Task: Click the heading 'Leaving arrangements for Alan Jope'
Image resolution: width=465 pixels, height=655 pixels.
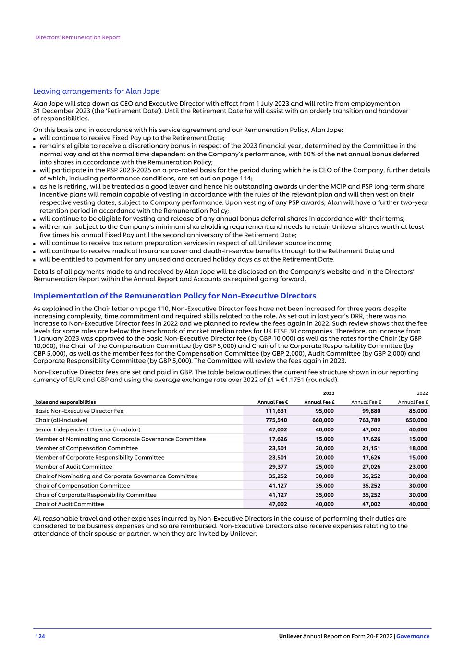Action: point(96,91)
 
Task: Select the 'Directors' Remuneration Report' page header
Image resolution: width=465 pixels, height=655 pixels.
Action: point(77,37)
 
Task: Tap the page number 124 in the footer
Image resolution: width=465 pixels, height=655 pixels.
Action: point(40,636)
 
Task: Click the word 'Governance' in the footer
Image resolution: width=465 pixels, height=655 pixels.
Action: point(413,636)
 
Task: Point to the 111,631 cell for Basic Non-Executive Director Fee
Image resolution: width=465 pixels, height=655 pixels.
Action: point(276,411)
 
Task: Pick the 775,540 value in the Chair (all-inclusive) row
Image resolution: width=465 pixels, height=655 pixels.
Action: point(276,420)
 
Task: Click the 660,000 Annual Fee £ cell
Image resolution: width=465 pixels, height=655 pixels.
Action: point(323,420)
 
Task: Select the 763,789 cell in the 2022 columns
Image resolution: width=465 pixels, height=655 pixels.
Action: point(369,420)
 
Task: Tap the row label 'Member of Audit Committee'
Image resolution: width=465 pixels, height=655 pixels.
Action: point(73,467)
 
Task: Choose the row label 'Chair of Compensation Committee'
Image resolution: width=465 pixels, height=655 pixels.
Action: point(82,486)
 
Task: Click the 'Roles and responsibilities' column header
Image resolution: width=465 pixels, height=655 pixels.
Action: point(65,402)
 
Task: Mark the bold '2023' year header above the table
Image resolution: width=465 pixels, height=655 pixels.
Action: point(329,393)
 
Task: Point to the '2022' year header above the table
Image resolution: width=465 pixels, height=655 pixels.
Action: point(422,393)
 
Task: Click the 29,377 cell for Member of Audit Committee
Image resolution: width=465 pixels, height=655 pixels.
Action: point(277,467)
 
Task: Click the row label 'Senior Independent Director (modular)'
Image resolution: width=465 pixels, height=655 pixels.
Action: point(87,429)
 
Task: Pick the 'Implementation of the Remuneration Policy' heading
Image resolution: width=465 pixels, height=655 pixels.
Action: point(174,296)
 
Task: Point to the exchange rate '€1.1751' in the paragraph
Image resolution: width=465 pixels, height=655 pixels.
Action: point(300,380)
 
